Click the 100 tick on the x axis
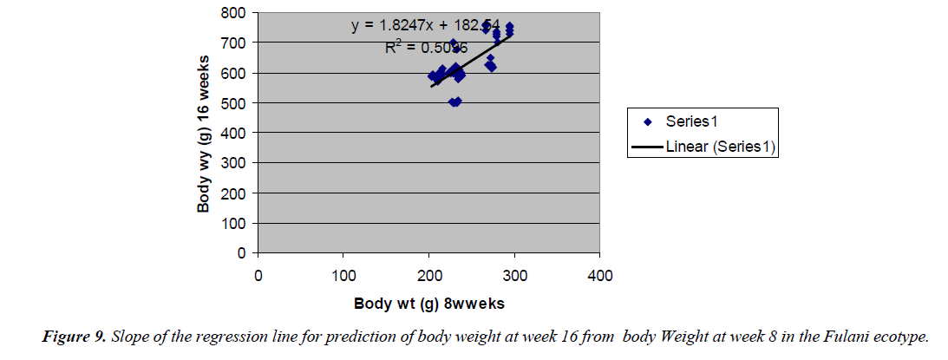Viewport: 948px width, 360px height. coord(343,276)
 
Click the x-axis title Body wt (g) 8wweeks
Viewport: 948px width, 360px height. coord(428,304)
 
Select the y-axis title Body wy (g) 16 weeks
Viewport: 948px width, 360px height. coord(205,132)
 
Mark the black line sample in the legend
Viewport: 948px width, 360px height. coord(646,147)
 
